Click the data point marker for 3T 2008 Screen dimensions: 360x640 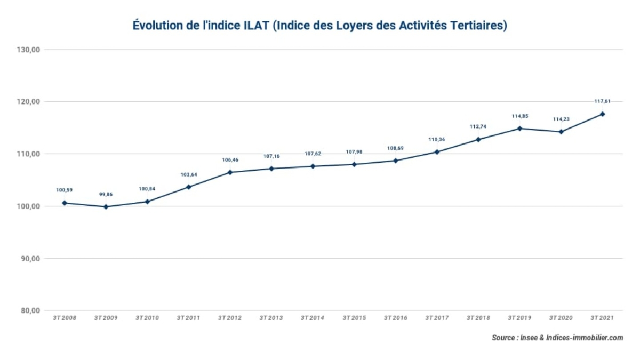tap(65, 203)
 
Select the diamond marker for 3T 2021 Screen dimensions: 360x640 tap(602, 114)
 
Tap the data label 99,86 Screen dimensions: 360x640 tap(106, 194)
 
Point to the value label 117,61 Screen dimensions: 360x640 tap(602, 101)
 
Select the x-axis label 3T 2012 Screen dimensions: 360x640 tap(230, 318)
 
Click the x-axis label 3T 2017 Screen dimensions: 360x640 tap(437, 318)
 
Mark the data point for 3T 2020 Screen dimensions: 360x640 tap(561, 132)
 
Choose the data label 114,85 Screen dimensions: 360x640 tap(519, 116)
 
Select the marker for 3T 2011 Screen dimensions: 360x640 tap(189, 187)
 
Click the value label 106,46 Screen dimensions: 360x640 tap(230, 159)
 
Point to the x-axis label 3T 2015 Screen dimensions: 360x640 tap(354, 318)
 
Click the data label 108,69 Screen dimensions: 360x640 tap(395, 148)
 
